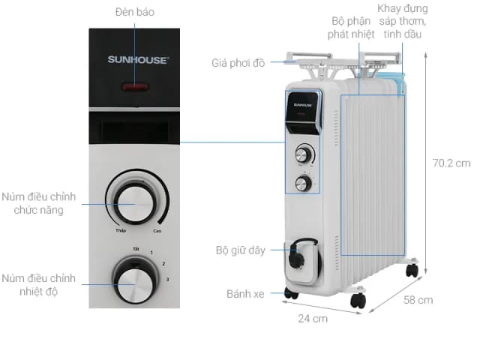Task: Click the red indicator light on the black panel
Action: pos(135,87)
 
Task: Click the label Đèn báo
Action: pos(136,13)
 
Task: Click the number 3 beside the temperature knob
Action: pos(167,280)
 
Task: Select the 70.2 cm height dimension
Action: pos(451,163)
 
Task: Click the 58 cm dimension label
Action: pos(418,300)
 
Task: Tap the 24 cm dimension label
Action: pos(313,319)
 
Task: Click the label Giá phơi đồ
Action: pos(238,62)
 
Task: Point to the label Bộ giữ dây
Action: pos(240,250)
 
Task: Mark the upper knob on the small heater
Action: pos(302,155)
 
